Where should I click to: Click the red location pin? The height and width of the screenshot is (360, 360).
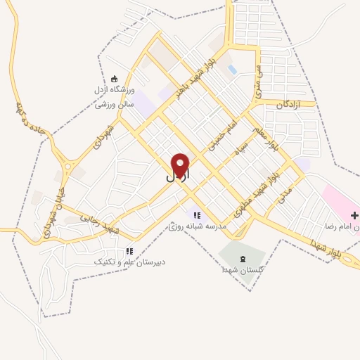(181, 165)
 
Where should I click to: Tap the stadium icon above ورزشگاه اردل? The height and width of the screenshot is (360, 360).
(115, 78)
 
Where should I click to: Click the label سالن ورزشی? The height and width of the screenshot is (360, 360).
(115, 104)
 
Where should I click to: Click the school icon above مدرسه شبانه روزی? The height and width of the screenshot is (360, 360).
(197, 215)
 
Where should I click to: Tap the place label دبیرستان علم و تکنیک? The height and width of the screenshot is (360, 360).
(130, 262)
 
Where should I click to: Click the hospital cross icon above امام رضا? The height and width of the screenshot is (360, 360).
(354, 215)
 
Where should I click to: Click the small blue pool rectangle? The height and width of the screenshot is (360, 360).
(231, 70)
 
